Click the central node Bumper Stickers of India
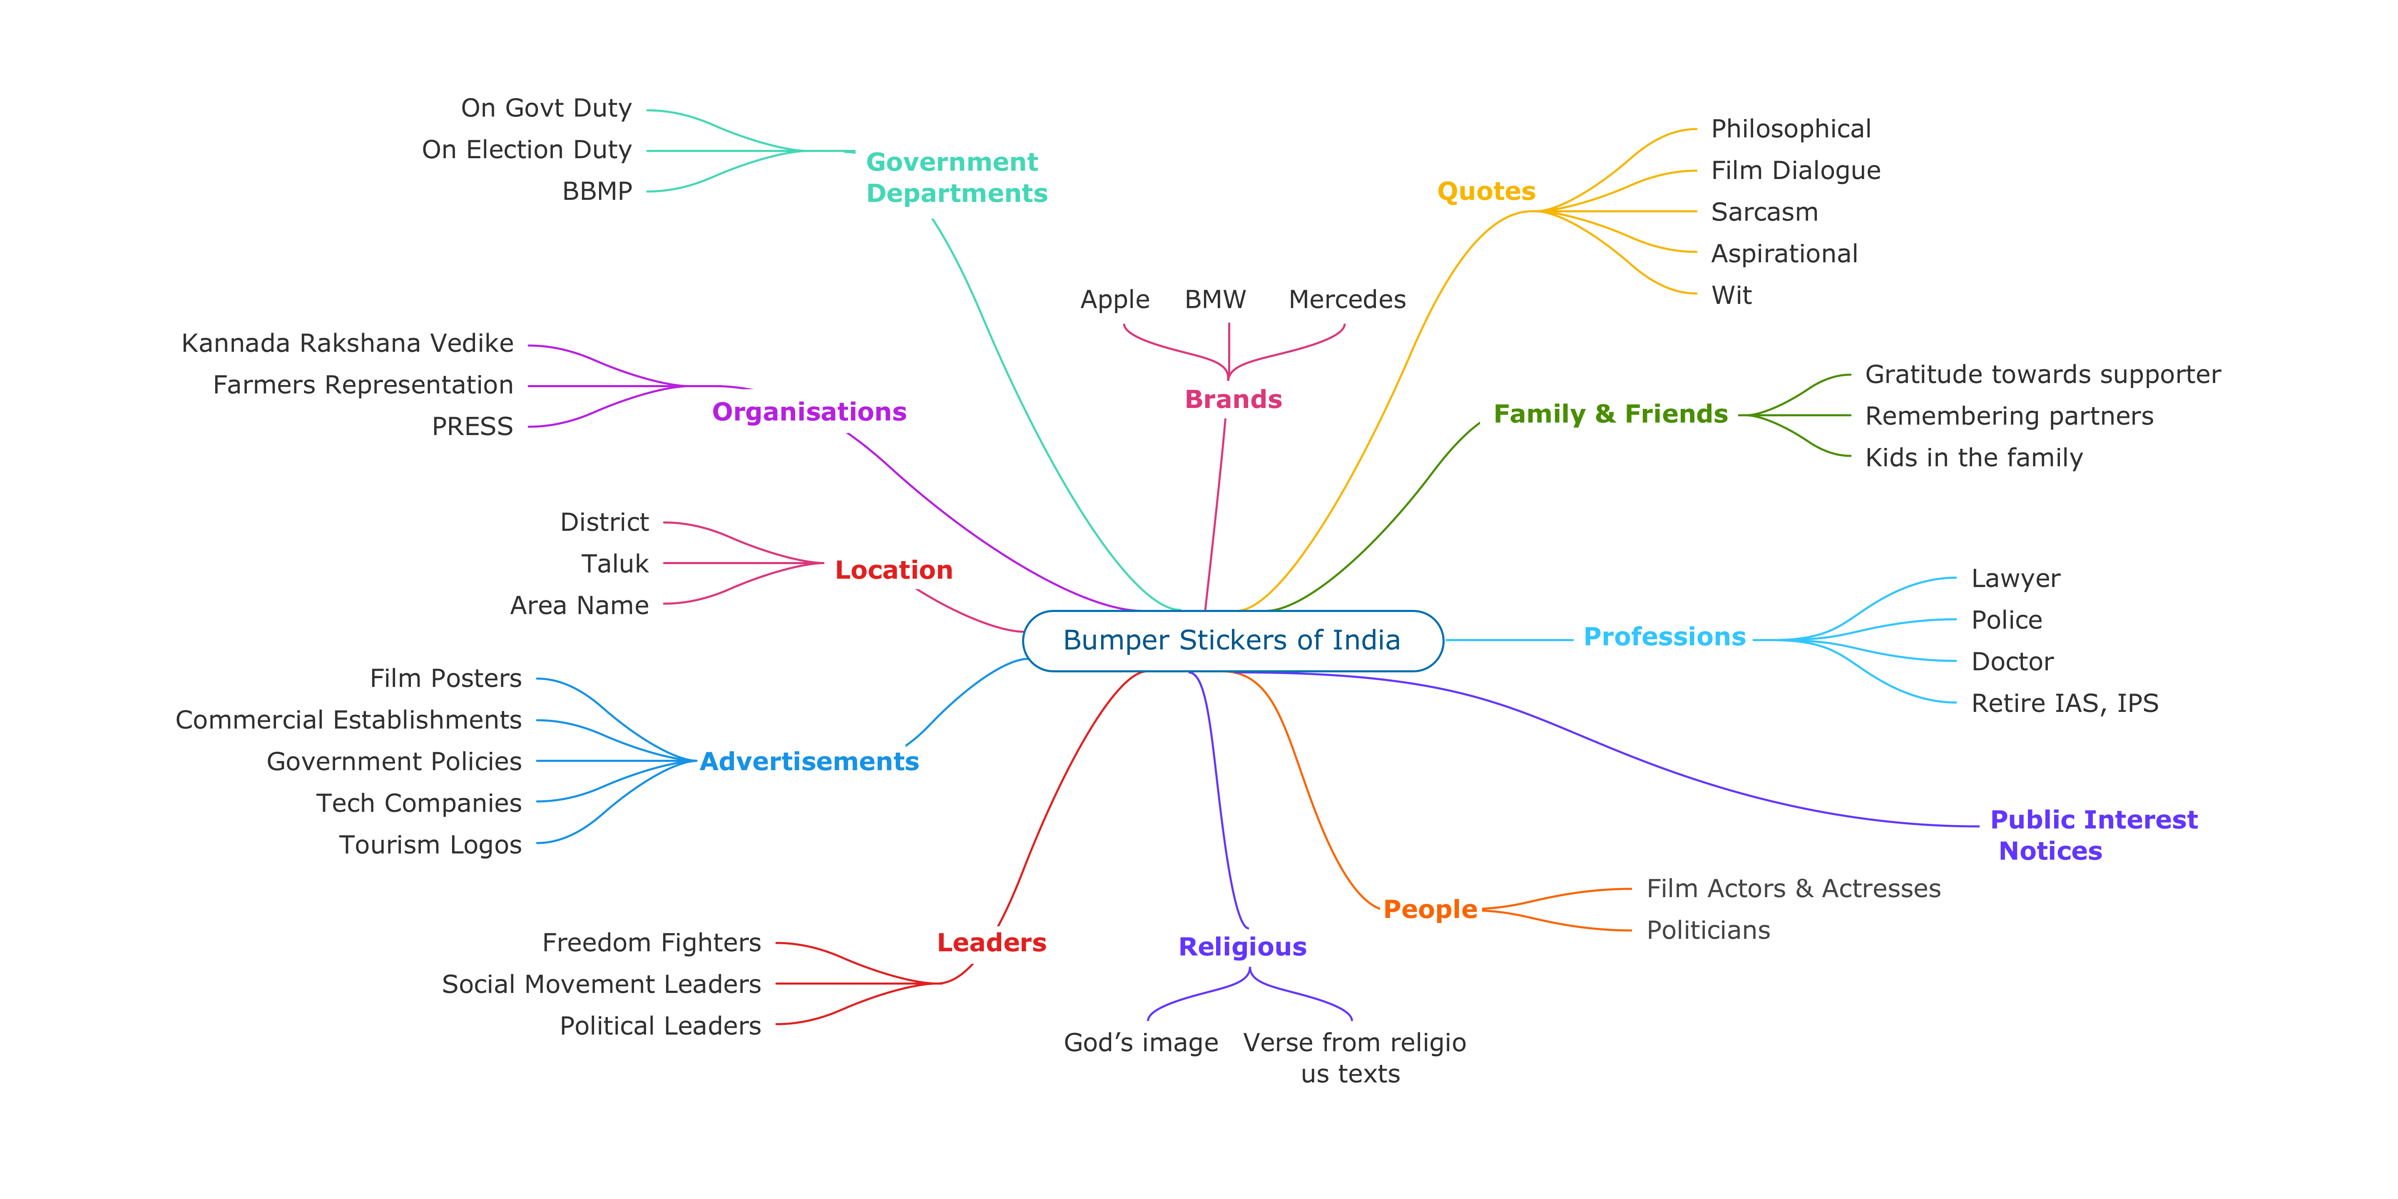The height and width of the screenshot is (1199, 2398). pos(1231,640)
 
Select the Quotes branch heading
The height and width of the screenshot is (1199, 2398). pos(1486,192)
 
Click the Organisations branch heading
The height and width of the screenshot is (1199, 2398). pos(809,413)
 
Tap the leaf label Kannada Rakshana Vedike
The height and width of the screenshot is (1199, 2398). pos(347,343)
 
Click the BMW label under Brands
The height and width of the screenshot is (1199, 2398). pos(1215,300)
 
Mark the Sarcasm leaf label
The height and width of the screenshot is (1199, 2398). pos(1764,212)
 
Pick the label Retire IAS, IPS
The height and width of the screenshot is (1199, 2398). pos(2064,704)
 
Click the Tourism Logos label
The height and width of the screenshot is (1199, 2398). pos(430,845)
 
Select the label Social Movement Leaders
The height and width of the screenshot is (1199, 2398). pos(601,985)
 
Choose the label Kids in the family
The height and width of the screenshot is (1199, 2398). pos(1973,458)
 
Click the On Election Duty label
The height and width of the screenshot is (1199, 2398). pos(527,150)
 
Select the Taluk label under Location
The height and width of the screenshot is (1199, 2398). pos(614,564)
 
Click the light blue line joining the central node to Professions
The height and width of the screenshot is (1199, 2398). pos(1508,640)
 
